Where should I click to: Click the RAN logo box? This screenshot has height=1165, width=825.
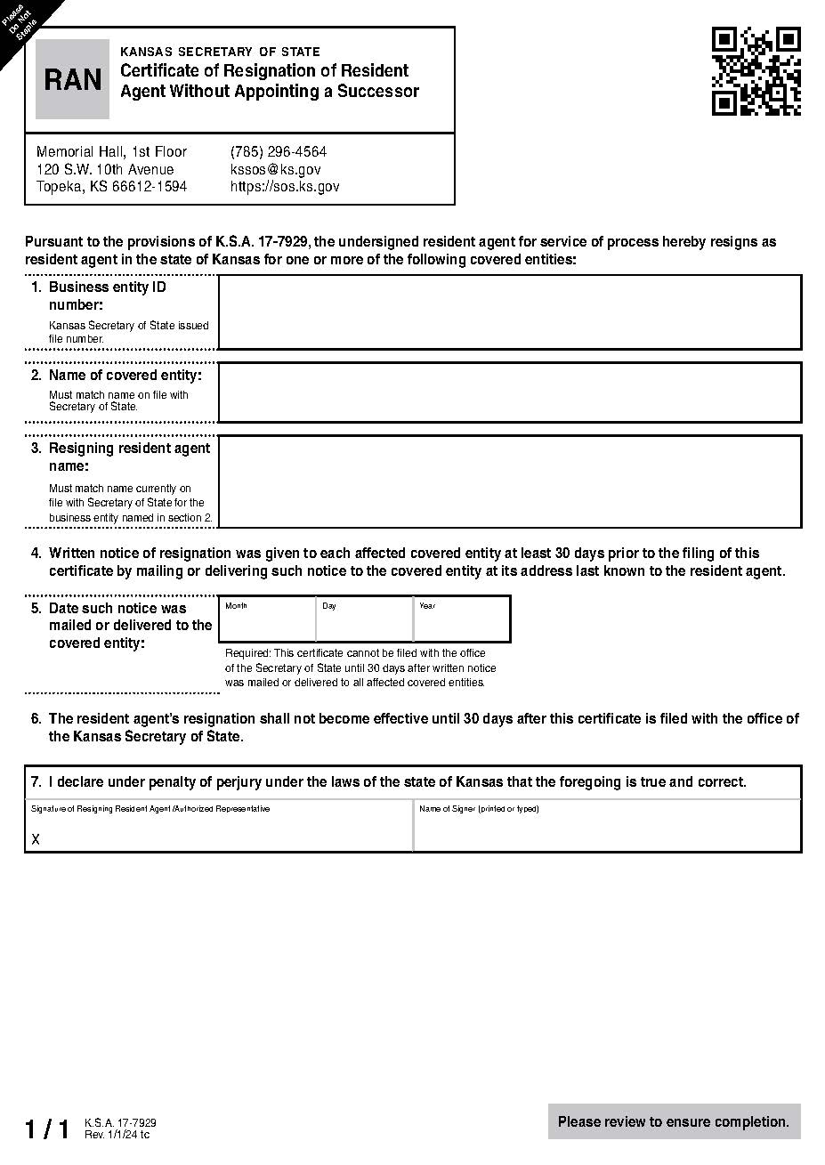(72, 79)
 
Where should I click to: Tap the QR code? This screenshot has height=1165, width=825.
(756, 71)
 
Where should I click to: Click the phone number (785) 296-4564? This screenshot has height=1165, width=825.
(278, 151)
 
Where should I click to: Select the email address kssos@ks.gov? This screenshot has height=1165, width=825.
(275, 169)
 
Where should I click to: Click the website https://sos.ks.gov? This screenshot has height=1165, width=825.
(284, 187)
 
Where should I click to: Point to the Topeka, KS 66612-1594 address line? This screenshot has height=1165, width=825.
(111, 187)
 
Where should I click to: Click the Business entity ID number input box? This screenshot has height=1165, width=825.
(509, 311)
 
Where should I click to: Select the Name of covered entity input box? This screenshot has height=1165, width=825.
(509, 392)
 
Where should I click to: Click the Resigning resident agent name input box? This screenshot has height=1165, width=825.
(509, 481)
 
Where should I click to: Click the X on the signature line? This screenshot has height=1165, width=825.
(36, 839)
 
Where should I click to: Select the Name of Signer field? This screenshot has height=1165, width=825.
(607, 830)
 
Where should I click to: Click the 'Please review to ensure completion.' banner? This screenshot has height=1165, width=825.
(674, 1121)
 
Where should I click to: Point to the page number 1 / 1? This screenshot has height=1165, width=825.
(46, 1129)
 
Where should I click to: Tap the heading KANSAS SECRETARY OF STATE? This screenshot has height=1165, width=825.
(220, 52)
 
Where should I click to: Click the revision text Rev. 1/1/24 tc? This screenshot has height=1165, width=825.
(117, 1135)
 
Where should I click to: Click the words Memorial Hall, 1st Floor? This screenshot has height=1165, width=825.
(111, 151)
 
